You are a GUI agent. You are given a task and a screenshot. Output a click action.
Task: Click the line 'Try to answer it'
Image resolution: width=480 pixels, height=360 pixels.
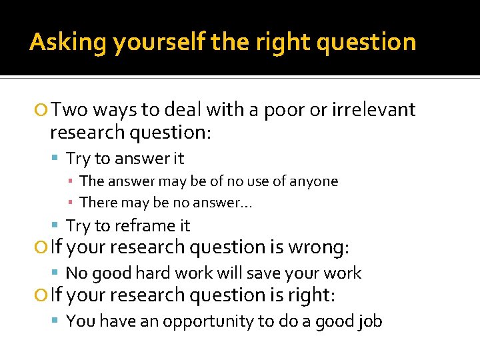tap(125, 159)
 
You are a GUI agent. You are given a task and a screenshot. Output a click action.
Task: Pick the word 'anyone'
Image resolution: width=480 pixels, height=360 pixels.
tap(315, 181)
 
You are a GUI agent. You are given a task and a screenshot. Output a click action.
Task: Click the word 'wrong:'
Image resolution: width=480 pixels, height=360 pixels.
tap(319, 247)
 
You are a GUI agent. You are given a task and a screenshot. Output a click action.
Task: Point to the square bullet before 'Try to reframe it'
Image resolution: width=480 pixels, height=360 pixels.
tap(58, 226)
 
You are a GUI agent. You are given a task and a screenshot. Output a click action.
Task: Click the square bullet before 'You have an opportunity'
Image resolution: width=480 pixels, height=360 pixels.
tap(58, 322)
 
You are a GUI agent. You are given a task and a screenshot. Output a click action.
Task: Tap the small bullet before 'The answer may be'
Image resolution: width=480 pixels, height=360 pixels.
tap(72, 181)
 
